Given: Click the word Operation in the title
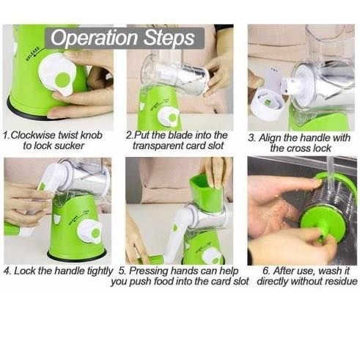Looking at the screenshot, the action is (x=94, y=38).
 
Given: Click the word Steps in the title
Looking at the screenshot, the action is (x=169, y=38).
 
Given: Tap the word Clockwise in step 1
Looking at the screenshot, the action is (x=33, y=135).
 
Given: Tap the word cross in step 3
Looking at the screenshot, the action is (x=298, y=148).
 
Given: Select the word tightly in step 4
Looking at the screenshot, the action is (x=100, y=271).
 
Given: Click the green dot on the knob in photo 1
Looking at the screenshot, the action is (x=63, y=79).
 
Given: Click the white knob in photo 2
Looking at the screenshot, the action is (x=169, y=118).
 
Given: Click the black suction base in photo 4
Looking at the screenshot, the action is (x=77, y=257).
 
